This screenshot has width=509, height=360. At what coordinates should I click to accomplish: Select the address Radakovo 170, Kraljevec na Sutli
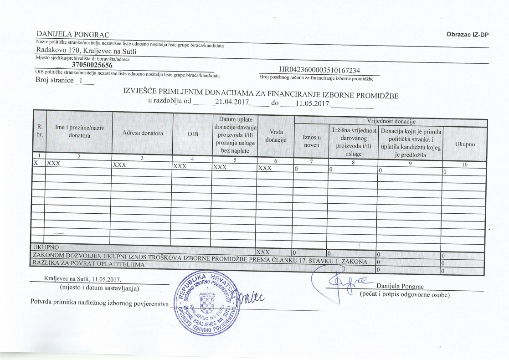[x=87, y=51]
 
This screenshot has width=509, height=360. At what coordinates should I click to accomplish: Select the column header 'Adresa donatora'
[x=143, y=133]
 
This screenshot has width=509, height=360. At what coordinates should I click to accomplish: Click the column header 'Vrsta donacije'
[x=276, y=136]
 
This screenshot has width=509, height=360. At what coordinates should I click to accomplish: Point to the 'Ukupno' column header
[x=465, y=144]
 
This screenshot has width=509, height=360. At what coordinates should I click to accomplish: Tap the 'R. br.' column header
[x=39, y=132]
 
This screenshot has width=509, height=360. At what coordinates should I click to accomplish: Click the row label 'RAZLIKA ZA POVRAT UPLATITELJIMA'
[x=87, y=264]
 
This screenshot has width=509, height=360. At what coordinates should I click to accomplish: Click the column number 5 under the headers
[x=234, y=159]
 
